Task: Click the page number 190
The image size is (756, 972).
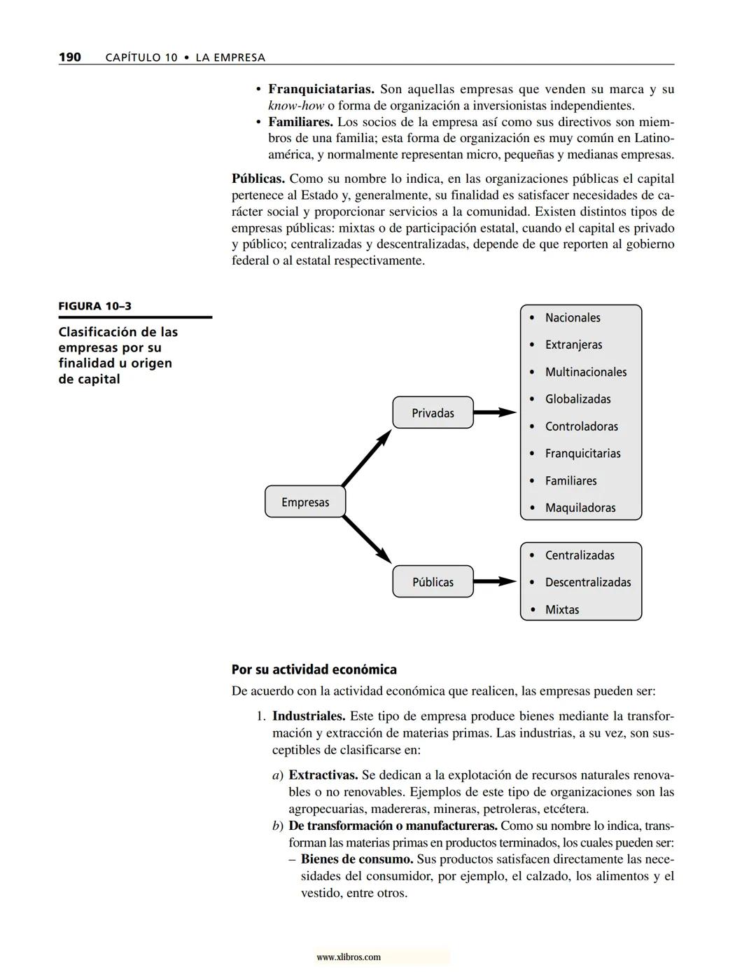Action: [x=69, y=57]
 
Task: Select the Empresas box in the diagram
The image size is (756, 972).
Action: [x=305, y=502]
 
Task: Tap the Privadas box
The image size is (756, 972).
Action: [x=433, y=413]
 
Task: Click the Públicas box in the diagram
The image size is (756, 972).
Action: [x=433, y=582]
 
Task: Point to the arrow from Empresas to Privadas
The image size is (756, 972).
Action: [x=366, y=458]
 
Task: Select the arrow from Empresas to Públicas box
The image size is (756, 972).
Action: [x=367, y=539]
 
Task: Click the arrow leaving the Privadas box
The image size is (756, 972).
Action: [x=495, y=413]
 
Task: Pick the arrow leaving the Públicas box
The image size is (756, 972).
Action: [x=495, y=582]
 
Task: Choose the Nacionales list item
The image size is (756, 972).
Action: [x=573, y=318]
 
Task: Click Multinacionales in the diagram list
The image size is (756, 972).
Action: [x=586, y=373]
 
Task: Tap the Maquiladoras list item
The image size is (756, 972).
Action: [x=580, y=508]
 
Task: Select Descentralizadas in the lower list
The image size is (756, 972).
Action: [x=588, y=583]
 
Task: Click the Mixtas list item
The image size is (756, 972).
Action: [x=562, y=610]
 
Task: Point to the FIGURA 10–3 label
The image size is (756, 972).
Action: [x=94, y=306]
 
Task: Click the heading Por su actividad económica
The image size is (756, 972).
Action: [x=314, y=669]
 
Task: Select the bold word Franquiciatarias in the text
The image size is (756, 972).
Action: [x=321, y=90]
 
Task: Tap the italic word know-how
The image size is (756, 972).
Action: [x=296, y=106]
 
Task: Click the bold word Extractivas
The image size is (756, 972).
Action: [x=323, y=776]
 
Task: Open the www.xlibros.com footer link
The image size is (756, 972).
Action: [x=349, y=957]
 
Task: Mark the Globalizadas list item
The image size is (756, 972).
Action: [x=577, y=399]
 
